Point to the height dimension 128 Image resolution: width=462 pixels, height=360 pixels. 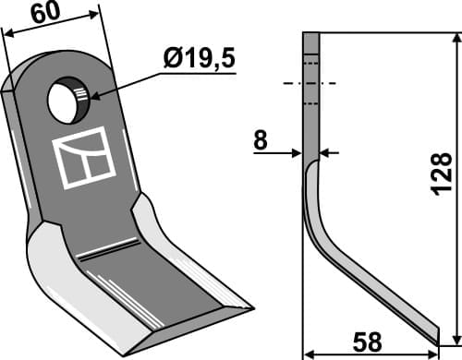(x=442, y=172)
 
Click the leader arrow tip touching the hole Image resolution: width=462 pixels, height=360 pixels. (x=87, y=94)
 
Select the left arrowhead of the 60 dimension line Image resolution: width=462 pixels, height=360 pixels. (x=7, y=33)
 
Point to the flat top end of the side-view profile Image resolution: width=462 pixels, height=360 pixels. (x=310, y=34)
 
